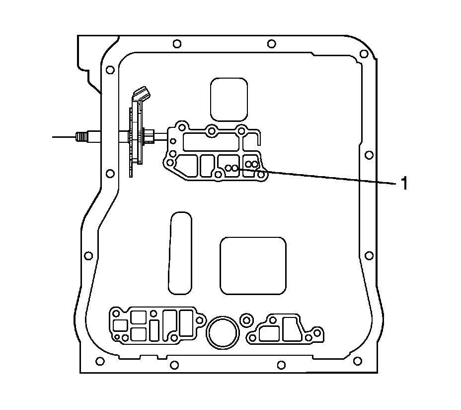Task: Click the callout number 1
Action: [x=404, y=183]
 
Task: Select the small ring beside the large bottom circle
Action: [x=246, y=319]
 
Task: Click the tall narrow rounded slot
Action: [x=180, y=253]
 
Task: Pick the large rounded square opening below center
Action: [x=253, y=266]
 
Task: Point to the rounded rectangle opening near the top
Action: [x=229, y=99]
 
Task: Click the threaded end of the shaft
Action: [x=81, y=137]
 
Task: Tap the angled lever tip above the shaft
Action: [x=142, y=93]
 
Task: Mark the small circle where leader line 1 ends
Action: [x=234, y=168]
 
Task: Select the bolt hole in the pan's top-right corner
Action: [x=364, y=54]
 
